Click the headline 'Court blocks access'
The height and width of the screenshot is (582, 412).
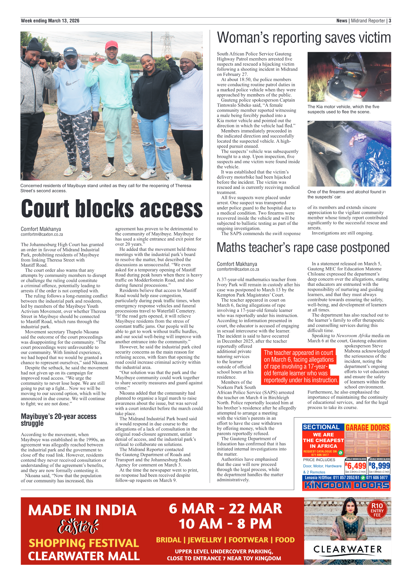tap(112, 209)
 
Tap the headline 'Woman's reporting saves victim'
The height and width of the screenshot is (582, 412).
tap(303, 38)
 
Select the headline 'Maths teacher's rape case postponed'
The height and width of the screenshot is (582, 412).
tap(303, 248)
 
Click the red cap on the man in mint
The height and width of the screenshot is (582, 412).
tap(111, 44)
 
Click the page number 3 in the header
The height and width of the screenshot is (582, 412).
tap(390, 21)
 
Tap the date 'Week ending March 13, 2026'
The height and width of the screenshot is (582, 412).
tap(50, 21)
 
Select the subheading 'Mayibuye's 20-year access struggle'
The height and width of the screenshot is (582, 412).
tap(58, 419)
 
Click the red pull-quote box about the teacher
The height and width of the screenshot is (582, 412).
tap(300, 366)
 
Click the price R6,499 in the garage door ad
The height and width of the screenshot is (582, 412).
tap(356, 466)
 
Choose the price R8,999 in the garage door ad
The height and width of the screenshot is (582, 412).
tap(379, 466)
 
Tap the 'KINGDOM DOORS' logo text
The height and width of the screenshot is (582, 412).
tap(346, 485)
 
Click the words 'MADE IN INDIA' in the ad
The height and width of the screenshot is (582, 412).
tap(82, 510)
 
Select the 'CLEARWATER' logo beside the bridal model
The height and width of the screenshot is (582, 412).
tap(347, 549)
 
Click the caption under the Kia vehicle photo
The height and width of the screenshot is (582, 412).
tap(343, 109)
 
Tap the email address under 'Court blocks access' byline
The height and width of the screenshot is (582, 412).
tap(42, 234)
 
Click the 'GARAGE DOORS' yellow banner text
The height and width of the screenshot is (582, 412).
tap(367, 427)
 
